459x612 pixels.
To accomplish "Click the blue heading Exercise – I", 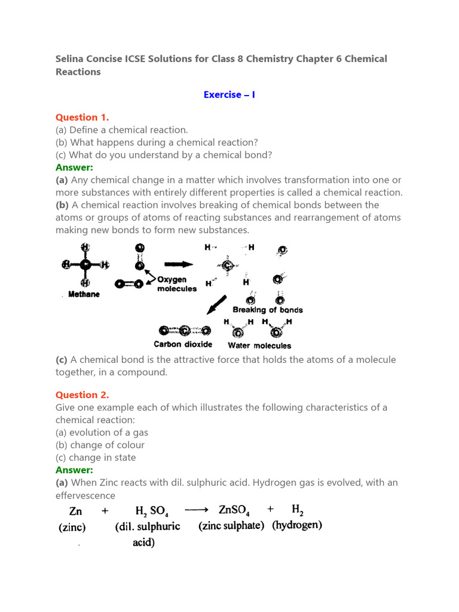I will (x=229, y=94).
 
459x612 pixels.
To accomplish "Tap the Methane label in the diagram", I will (x=84, y=294).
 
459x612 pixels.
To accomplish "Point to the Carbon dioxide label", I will (x=183, y=344).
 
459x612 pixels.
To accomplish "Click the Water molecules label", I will (x=259, y=345).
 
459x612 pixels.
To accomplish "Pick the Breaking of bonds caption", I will (x=267, y=310).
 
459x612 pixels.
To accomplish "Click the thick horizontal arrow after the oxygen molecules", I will (x=178, y=264).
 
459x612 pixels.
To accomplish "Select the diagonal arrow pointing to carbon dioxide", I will (x=215, y=305).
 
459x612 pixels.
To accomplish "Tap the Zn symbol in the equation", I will (x=76, y=511).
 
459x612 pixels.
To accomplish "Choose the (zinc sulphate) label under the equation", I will (x=231, y=526).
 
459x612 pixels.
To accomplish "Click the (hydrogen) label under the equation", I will (x=297, y=525).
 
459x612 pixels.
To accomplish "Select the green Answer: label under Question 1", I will (x=75, y=167).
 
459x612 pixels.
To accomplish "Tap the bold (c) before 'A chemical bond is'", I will (x=62, y=360).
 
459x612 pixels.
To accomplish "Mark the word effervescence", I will (x=85, y=495).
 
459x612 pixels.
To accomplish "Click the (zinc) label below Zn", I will (x=72, y=527).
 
